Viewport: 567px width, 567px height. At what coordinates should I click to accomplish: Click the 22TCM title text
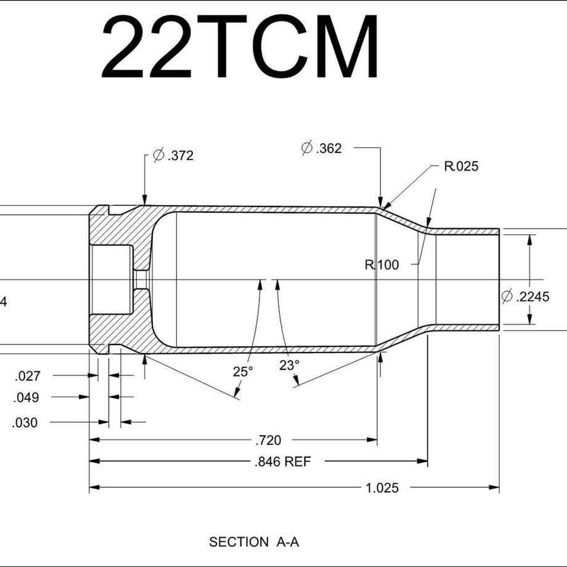[239, 46]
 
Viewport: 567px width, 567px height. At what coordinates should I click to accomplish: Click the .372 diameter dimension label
[173, 155]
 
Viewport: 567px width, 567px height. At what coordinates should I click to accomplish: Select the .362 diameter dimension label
[322, 149]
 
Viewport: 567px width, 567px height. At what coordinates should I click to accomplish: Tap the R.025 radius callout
[461, 166]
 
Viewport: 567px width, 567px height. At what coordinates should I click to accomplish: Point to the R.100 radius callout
[381, 265]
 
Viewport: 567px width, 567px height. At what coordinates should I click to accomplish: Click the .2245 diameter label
[526, 296]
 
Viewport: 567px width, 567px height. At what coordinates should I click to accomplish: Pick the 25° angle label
[243, 372]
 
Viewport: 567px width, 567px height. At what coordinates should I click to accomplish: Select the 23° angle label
[289, 365]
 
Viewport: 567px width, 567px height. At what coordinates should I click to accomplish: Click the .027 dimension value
[28, 376]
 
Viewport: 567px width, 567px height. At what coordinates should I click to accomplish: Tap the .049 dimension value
[26, 398]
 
